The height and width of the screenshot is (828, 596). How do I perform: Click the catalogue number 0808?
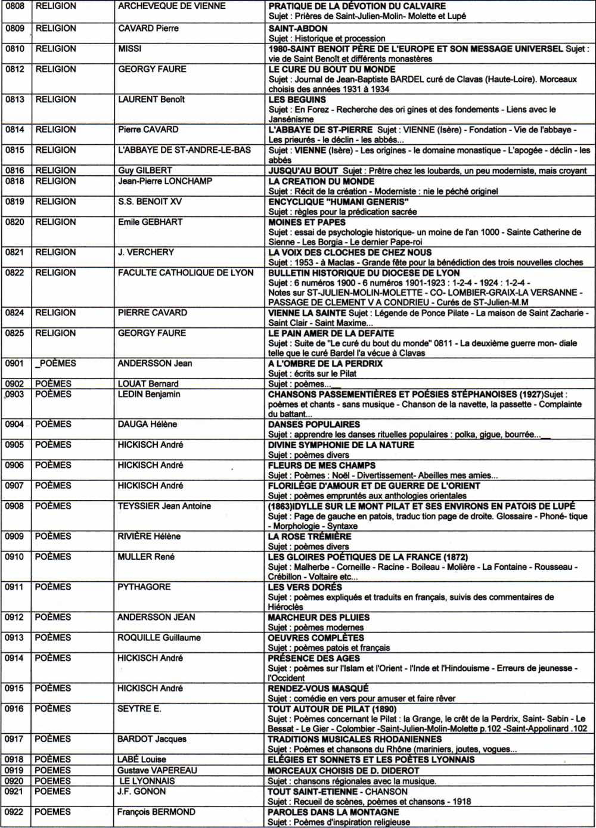click(x=15, y=6)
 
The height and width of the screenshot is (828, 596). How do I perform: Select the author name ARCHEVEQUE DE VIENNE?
click(x=172, y=6)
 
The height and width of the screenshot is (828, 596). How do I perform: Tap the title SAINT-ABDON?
click(x=298, y=28)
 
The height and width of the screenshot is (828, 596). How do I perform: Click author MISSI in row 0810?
click(x=129, y=49)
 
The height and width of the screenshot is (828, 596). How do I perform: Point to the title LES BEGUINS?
click(x=297, y=100)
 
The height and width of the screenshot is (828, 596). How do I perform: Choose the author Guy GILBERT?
click(x=145, y=170)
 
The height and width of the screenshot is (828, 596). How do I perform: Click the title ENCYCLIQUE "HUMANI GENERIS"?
click(x=339, y=201)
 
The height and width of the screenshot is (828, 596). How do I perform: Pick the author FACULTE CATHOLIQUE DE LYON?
click(x=185, y=273)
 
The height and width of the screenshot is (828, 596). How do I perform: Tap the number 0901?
click(x=15, y=364)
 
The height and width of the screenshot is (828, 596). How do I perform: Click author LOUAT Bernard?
click(x=148, y=384)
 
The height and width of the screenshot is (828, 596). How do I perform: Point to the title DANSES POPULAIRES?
click(x=314, y=424)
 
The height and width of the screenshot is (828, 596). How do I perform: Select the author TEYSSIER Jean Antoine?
click(x=164, y=506)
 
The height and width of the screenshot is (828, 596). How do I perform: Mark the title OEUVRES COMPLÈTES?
click(x=316, y=638)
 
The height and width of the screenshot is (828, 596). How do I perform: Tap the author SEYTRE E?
click(x=139, y=709)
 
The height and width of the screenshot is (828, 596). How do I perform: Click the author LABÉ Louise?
click(x=142, y=759)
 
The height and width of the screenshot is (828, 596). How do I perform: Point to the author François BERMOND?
click(x=156, y=812)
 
